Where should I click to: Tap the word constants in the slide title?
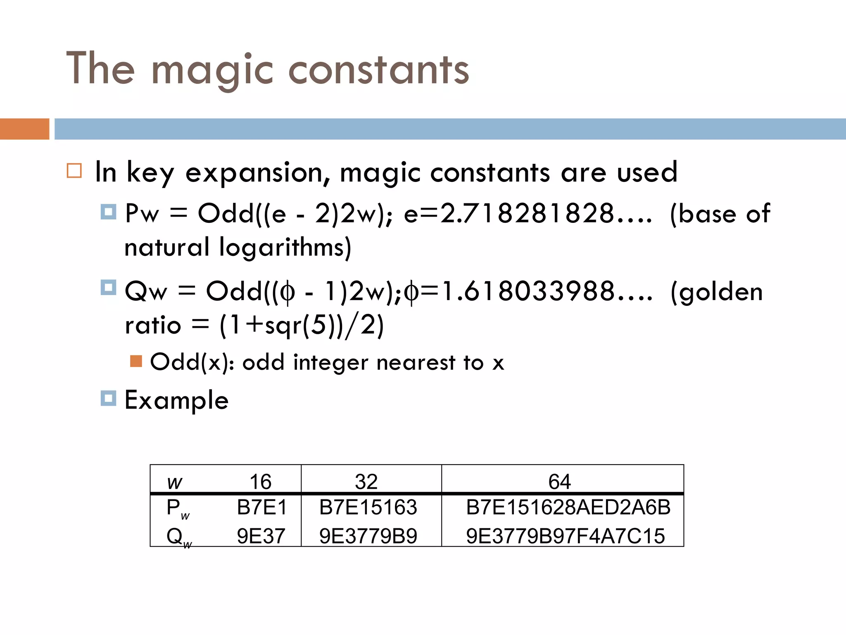click(378, 70)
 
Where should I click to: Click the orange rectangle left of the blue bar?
click(24, 129)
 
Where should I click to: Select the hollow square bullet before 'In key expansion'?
click(74, 171)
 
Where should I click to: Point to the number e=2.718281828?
click(528, 214)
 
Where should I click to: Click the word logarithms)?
click(285, 248)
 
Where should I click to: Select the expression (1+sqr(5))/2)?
click(302, 325)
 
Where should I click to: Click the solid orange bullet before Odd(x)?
click(136, 361)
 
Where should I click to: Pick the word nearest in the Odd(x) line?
click(416, 363)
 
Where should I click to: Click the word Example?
click(176, 400)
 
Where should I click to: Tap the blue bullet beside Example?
click(108, 399)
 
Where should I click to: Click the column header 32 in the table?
click(366, 482)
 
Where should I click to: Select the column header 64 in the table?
click(559, 482)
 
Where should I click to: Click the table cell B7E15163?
click(368, 507)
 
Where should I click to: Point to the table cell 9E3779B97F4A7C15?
click(565, 536)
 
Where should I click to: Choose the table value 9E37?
click(261, 536)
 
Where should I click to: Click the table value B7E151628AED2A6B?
click(568, 507)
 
